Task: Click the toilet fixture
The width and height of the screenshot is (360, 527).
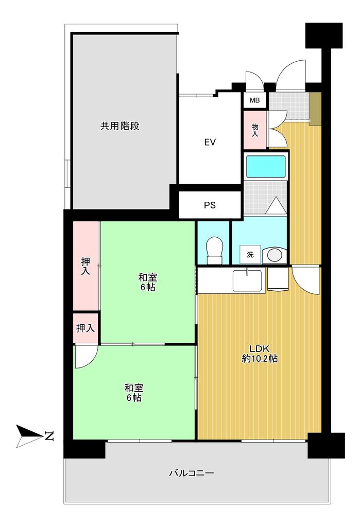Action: [x=215, y=251]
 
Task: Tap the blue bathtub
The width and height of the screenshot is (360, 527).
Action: [x=266, y=166]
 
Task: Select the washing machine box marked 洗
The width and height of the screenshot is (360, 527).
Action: [x=250, y=254]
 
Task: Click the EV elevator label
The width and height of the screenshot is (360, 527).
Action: [x=210, y=143]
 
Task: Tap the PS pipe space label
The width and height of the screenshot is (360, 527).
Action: [x=210, y=205]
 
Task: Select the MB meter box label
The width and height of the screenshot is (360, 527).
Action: [x=255, y=100]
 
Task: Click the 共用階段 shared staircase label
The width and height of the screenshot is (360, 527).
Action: [x=120, y=126]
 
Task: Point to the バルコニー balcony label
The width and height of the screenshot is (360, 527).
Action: [x=192, y=473]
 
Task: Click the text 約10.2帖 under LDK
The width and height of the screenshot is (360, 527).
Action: [x=260, y=359]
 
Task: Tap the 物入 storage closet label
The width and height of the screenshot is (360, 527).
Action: [x=255, y=130]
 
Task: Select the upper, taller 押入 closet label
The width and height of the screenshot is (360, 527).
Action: [x=85, y=266]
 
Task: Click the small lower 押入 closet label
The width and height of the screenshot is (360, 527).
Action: [x=85, y=328]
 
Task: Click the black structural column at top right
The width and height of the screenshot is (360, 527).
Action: [x=323, y=36]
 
